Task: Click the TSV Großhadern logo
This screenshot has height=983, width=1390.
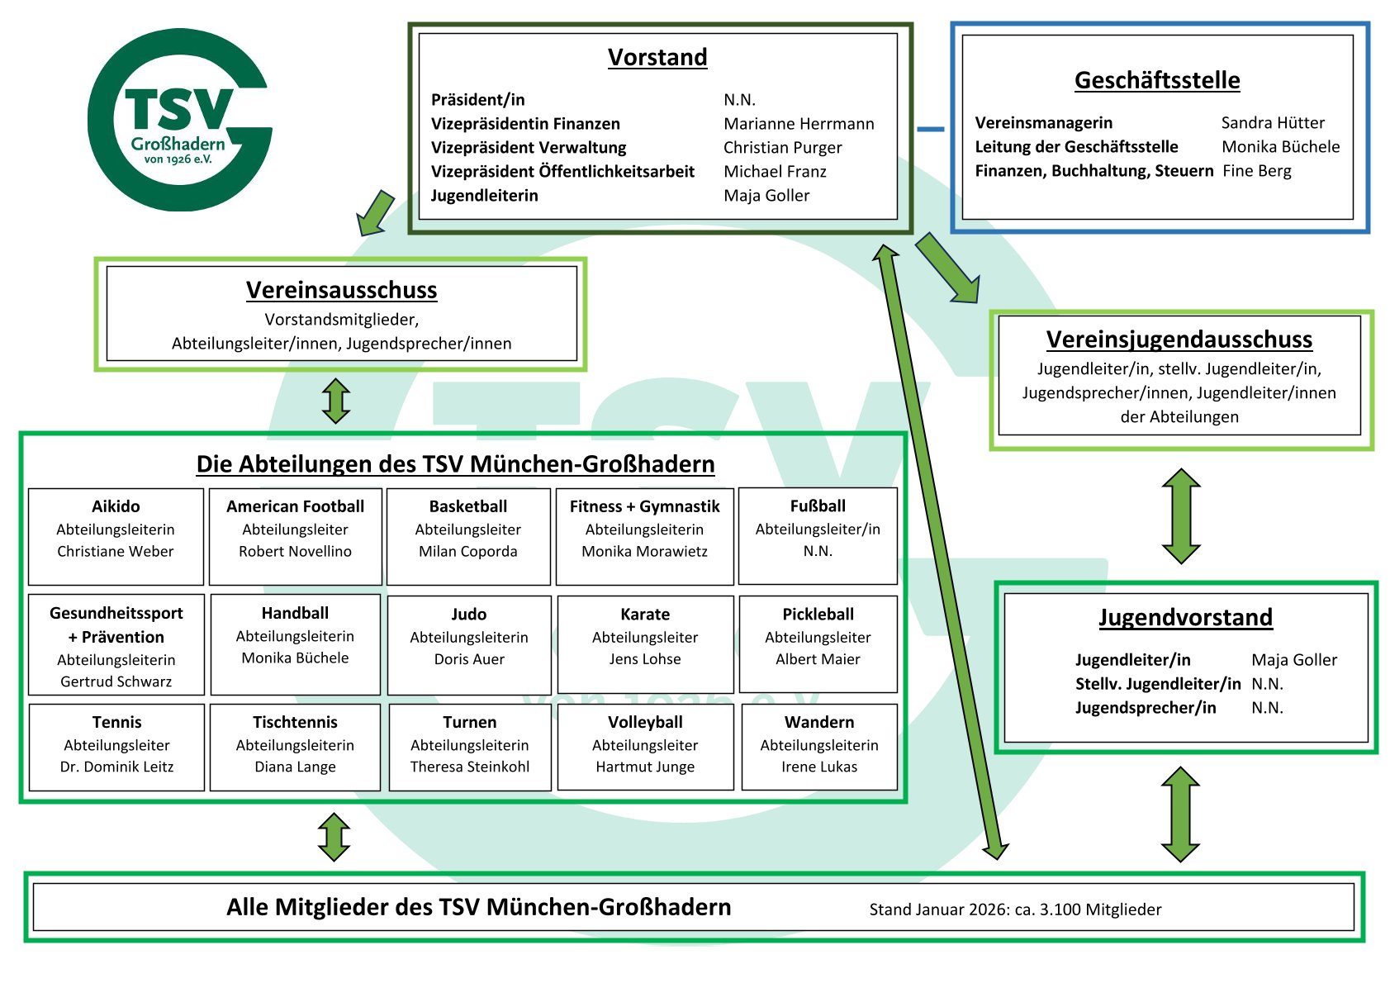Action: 179,120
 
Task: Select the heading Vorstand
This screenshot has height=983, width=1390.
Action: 657,57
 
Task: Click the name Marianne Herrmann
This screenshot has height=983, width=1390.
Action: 799,124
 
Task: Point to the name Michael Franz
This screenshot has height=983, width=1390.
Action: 775,172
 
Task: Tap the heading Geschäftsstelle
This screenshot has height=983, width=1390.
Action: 1156,80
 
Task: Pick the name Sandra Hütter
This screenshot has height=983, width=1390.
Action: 1273,123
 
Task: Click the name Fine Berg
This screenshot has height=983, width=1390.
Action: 1257,171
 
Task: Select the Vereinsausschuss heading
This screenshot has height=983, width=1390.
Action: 341,290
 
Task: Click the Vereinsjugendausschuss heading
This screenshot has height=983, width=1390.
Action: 1179,340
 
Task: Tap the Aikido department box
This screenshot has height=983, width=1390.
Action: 116,536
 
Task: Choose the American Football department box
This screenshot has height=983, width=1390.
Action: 295,536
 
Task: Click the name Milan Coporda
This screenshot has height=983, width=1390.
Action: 468,552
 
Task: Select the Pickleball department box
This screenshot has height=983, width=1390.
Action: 818,643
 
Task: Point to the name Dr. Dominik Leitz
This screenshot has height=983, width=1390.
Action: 116,767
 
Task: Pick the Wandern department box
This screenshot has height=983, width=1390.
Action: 819,747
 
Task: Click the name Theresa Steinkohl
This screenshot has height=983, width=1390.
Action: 470,767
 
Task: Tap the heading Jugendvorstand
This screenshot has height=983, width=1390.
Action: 1185,618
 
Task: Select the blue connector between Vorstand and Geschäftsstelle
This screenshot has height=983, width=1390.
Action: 931,129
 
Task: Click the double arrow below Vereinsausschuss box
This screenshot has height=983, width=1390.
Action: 336,401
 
